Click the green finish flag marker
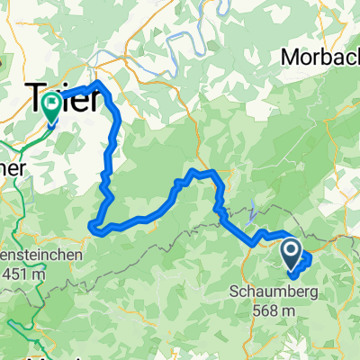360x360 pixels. point(49,109)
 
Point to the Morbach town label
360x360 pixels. point(320,56)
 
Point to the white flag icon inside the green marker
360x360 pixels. point(49,105)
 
